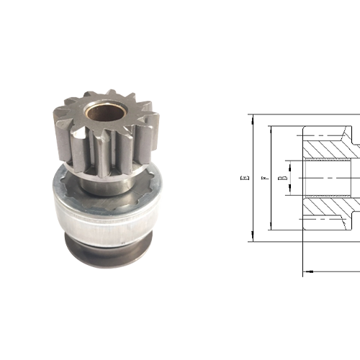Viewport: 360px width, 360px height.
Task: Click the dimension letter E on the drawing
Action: (x=245, y=178)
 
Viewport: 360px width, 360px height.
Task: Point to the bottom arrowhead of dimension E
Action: (x=253, y=236)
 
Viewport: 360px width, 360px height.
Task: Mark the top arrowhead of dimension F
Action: (x=271, y=131)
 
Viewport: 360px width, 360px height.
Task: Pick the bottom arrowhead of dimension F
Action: (x=271, y=225)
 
